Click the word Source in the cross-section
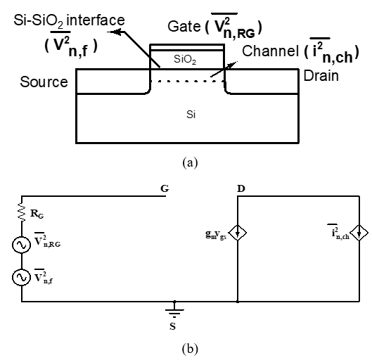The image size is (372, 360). coord(44,82)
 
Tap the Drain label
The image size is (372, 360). coord(321,76)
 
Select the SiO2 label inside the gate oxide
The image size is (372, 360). coord(185,59)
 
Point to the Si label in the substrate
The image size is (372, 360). coord(191,115)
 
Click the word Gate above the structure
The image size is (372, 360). coord(184,26)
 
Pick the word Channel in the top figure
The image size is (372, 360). coord(270,51)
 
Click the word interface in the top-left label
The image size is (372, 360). coord(96,20)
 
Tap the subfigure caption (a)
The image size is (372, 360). coord(190,163)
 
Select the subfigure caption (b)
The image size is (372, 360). coord(190,349)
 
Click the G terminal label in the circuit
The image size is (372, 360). coord(165,188)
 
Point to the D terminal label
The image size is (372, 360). coord(241,188)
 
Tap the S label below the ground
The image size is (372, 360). coord(173,326)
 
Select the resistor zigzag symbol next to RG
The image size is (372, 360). coord(22,212)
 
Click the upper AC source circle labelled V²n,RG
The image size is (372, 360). coord(22,245)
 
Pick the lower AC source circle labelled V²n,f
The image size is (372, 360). coord(22,277)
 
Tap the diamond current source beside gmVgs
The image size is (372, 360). coord(238,233)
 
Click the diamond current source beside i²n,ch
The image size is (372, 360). coord(359,233)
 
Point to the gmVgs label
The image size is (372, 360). coord(216,235)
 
